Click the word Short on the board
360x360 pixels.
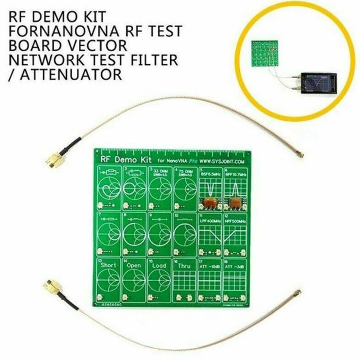[x=109, y=265]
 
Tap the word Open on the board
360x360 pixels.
[x=134, y=265]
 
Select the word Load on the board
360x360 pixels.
[x=159, y=265]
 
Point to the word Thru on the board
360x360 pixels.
[x=184, y=266]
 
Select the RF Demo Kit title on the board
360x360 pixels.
[x=122, y=160]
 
